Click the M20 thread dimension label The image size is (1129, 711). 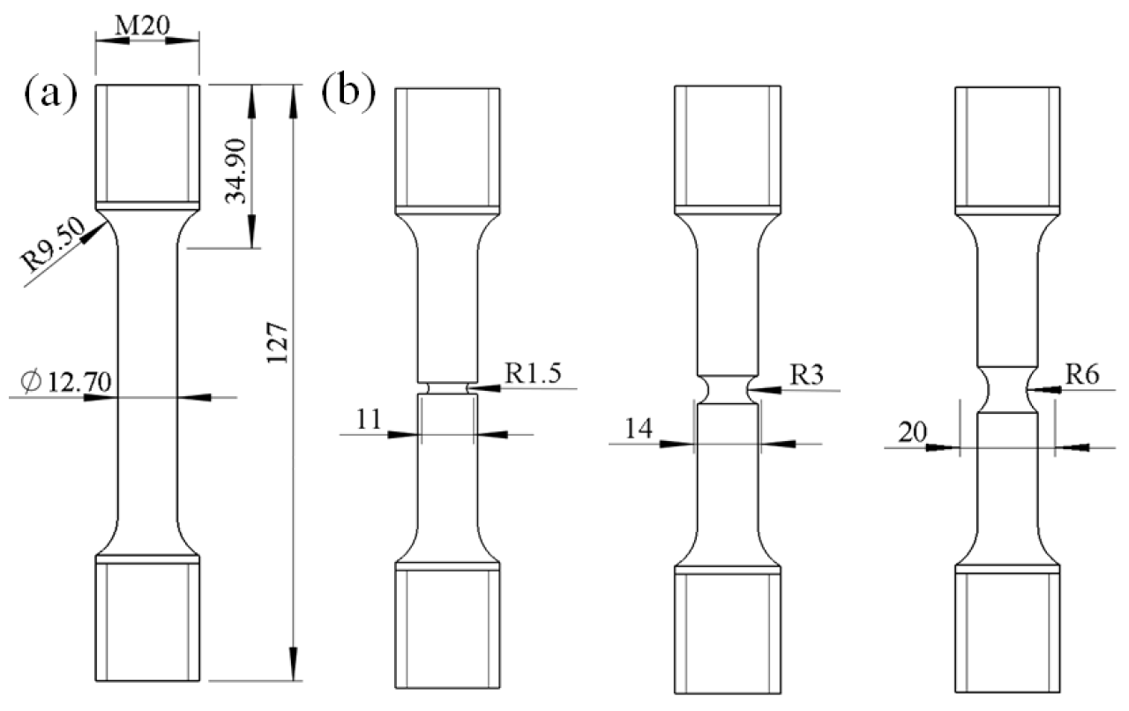(x=146, y=26)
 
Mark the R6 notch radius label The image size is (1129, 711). (x=1080, y=373)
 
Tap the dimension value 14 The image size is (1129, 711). (x=641, y=429)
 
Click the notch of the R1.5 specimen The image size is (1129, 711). (x=448, y=387)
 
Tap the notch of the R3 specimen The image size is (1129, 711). (x=727, y=388)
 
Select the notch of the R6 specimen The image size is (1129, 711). (x=1006, y=389)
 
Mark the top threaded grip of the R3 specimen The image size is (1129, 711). (x=727, y=146)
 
